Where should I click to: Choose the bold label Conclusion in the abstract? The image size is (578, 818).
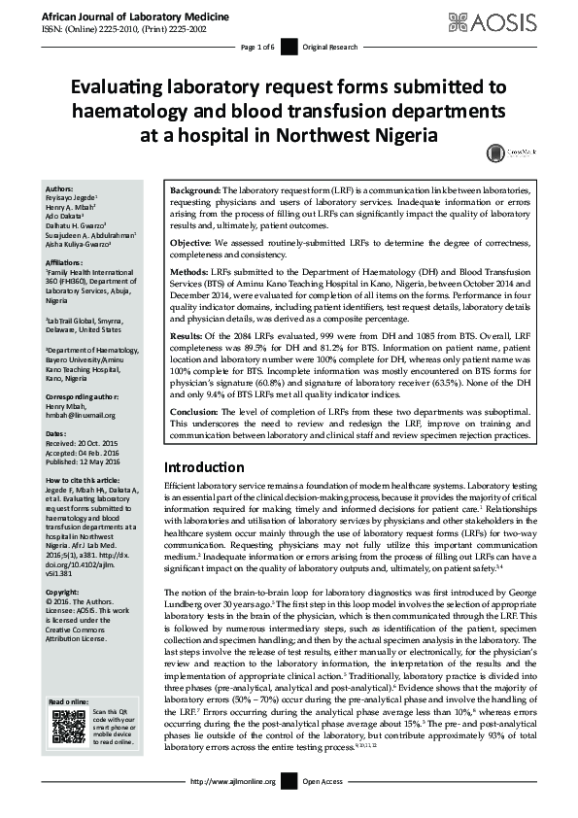click(195, 412)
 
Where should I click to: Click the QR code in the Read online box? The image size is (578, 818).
click(68, 727)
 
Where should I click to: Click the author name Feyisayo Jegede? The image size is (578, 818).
click(76, 196)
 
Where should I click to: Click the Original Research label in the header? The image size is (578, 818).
click(332, 47)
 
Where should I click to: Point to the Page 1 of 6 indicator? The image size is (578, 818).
click(257, 47)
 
